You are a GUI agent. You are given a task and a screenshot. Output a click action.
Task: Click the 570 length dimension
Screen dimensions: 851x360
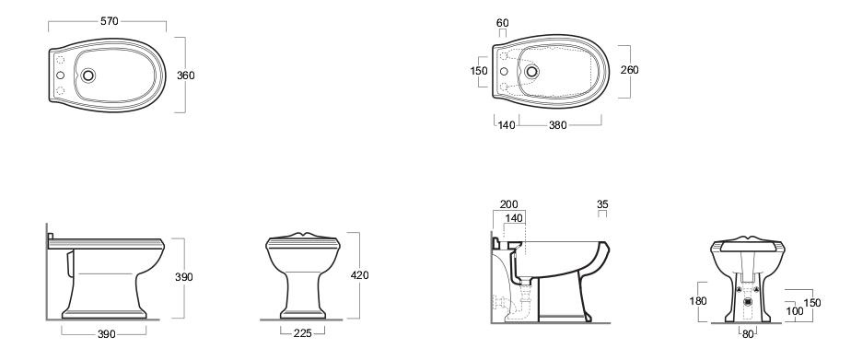point(110,21)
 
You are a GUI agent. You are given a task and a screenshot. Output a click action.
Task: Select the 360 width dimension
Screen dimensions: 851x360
point(186,75)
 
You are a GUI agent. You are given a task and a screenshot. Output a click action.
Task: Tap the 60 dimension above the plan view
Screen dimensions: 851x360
point(503,22)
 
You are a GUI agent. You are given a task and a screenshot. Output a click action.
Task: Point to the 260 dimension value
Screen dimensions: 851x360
point(630,70)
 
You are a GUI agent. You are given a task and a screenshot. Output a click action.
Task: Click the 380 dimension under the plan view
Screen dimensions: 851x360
point(557,125)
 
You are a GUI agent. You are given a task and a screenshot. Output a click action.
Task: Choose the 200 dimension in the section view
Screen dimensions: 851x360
point(508,204)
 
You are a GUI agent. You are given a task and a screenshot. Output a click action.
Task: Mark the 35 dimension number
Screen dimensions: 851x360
point(602,204)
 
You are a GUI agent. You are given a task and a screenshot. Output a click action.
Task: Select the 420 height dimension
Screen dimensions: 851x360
point(359,275)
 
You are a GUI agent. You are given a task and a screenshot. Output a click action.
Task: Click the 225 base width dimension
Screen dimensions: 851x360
point(302,333)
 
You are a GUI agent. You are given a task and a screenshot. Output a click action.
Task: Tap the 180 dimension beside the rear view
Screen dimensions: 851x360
point(697,301)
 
